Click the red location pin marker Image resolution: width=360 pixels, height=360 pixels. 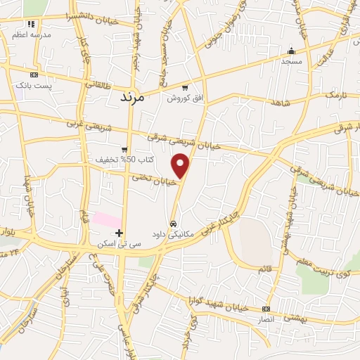(181, 165)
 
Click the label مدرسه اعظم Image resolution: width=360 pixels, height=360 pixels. (31, 33)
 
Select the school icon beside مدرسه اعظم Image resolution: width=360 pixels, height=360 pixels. (16, 33)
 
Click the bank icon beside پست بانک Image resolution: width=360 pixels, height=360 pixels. (33, 75)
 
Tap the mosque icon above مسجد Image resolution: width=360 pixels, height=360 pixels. (291, 51)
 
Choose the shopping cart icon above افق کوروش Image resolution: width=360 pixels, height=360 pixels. (185, 88)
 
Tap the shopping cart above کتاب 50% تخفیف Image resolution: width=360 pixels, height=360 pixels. (124, 149)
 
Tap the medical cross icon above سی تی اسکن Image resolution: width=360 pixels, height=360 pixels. (120, 233)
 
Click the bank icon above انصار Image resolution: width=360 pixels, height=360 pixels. (265, 309)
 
